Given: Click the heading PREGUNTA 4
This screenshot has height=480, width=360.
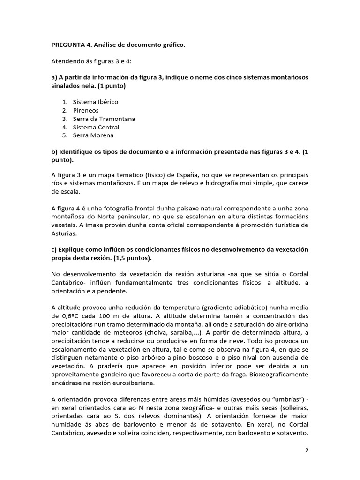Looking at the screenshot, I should coord(70,45).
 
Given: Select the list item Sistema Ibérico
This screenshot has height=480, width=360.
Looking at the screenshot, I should coord(95,102).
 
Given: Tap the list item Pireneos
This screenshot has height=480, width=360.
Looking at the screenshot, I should coord(86,110).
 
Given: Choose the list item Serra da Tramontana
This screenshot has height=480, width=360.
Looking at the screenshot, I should coord(104,119).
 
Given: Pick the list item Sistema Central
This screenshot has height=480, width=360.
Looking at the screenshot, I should coord(96,127).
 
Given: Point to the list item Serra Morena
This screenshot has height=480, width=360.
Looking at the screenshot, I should coord(93,135).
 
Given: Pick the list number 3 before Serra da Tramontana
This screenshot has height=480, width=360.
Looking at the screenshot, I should coord(64,119).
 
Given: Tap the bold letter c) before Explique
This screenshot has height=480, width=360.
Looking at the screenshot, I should coord(54,250).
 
